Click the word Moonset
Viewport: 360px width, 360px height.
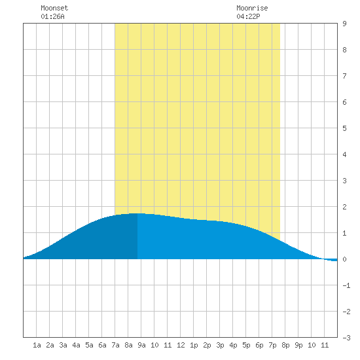54,8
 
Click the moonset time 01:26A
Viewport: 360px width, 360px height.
52,16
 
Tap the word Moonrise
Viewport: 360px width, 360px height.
252,8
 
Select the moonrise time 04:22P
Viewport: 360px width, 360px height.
248,16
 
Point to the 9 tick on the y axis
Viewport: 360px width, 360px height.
344,24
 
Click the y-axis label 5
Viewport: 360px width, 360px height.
344,128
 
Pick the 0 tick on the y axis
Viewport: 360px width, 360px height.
344,259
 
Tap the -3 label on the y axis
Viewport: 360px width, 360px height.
346,338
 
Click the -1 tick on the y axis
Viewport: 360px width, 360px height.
346,285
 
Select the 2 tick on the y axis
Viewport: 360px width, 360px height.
344,207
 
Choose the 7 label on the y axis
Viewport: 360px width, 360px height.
344,76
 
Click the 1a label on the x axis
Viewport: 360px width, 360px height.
37,345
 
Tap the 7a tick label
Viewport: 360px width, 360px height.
115,345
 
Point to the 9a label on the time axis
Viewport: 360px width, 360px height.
141,345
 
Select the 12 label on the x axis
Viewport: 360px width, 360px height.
181,345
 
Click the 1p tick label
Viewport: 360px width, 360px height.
194,345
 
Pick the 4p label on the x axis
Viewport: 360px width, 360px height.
233,345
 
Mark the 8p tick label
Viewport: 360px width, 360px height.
285,345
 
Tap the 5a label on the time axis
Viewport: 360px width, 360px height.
89,345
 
